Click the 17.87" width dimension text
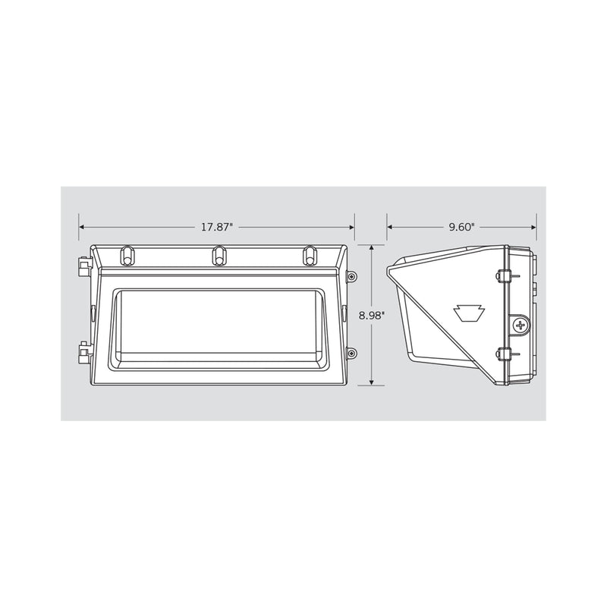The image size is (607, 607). point(217,227)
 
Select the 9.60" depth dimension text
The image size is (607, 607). point(461,227)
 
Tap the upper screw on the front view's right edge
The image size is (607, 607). point(351,278)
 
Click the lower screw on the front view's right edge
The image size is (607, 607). point(351,353)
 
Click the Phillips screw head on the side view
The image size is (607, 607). point(520,326)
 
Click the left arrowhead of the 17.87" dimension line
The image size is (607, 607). point(82,227)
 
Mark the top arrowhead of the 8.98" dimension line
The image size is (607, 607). point(371,248)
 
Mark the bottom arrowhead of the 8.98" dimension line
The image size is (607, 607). point(371,383)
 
